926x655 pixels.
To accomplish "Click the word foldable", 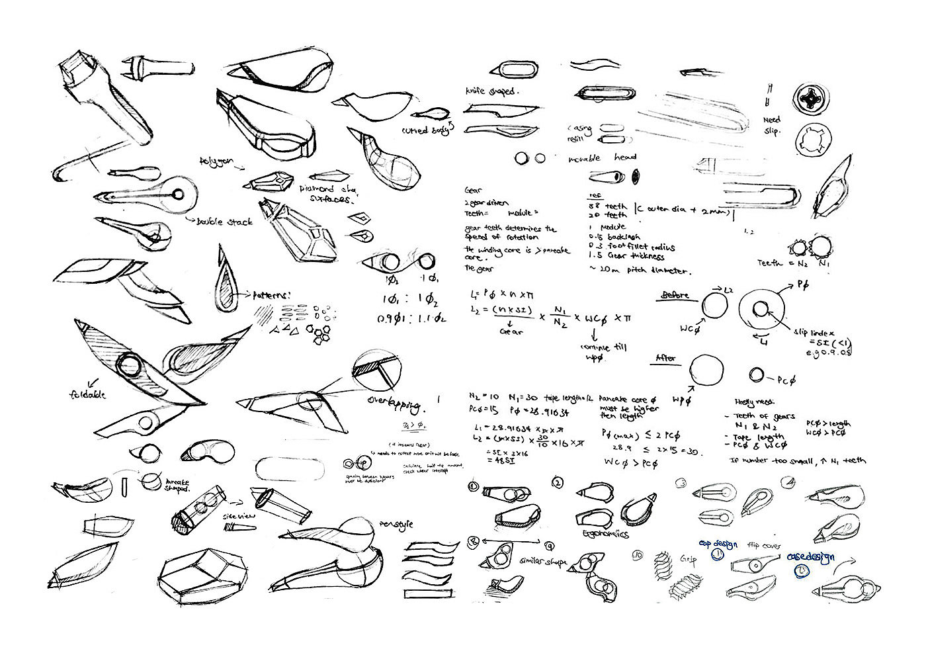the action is pyautogui.click(x=87, y=395).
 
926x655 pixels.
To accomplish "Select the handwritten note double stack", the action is pyautogui.click(x=225, y=222).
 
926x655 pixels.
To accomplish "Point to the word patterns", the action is pyautogui.click(x=272, y=295).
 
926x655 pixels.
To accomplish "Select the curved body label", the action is pyautogui.click(x=428, y=129).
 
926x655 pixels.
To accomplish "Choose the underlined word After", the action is pyautogui.click(x=665, y=358).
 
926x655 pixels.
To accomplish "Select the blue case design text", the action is pyautogui.click(x=810, y=557).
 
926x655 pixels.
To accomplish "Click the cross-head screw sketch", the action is pyautogui.click(x=812, y=99).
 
